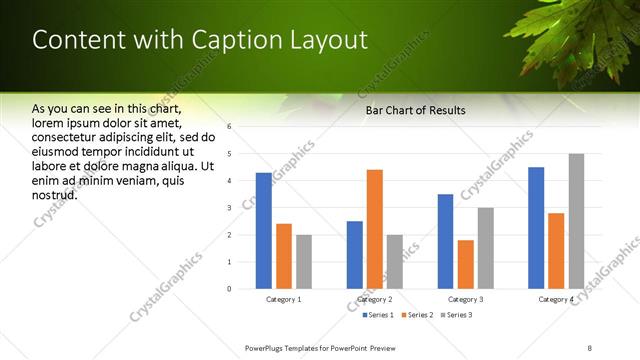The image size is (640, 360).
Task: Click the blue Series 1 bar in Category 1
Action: (263, 231)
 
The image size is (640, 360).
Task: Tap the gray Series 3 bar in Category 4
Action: (576, 221)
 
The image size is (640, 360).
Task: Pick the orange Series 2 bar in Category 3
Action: (465, 264)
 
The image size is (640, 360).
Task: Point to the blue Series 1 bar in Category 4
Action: (536, 228)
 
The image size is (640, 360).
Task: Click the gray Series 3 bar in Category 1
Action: (303, 262)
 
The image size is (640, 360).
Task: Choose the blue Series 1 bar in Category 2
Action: (355, 255)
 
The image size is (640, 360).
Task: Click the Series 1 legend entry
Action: (378, 315)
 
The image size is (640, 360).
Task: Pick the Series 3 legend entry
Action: (456, 315)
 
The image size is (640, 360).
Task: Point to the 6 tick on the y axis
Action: (230, 127)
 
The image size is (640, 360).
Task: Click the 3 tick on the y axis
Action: (230, 208)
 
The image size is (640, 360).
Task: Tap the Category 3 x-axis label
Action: (465, 299)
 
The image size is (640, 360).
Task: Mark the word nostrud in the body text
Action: (55, 193)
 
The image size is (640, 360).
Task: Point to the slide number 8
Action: (590, 346)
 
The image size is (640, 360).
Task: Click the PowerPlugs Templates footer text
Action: (320, 346)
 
